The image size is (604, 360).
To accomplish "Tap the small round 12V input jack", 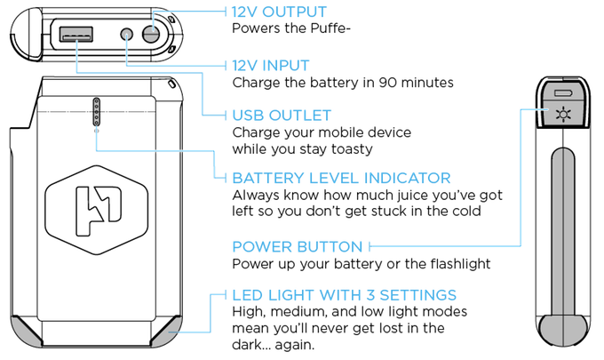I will tap(126, 36).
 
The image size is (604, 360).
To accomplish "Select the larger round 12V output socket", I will tap(152, 35).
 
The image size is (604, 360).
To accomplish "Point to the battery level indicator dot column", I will tap(96, 112).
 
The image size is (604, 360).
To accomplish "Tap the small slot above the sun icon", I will tap(561, 92).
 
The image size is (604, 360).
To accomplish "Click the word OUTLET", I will tap(302, 116).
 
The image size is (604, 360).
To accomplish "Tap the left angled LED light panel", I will tap(28, 331).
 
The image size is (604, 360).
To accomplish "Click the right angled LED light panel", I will tap(167, 331).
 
